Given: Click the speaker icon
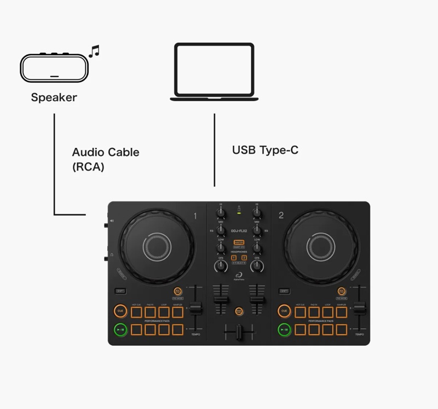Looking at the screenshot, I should click(x=54, y=67).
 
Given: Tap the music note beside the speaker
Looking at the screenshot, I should click(x=94, y=51).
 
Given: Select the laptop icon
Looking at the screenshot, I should click(x=214, y=72).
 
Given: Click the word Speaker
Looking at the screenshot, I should click(x=54, y=98).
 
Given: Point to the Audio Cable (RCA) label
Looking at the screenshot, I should click(x=105, y=159).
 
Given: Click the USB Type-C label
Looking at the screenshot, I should click(x=265, y=150).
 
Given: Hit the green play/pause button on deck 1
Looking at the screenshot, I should click(x=120, y=330).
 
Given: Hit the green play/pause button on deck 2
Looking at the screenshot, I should click(x=284, y=330).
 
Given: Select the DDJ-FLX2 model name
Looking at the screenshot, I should click(x=239, y=231).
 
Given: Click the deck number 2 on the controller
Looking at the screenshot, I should click(x=281, y=216).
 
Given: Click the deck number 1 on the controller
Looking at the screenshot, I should click(x=195, y=216).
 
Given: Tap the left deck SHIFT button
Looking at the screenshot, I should click(x=120, y=291).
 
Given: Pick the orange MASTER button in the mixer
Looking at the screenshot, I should click(x=239, y=242).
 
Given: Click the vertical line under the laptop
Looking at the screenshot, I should click(x=214, y=149).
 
